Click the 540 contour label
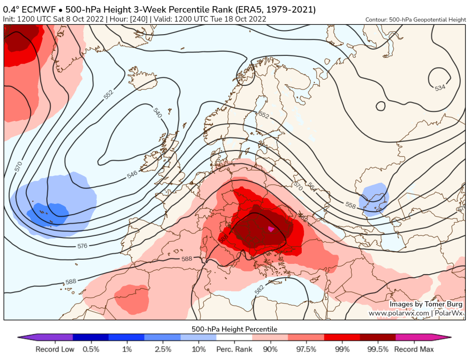coord(157,113)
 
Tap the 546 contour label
coord(132,175)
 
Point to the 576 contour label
coord(82,246)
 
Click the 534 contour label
coord(440,87)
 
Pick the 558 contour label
coord(350,205)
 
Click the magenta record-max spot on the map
coord(270,229)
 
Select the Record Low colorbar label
coord(54,349)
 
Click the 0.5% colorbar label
coord(91,349)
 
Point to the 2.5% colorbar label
coord(163,349)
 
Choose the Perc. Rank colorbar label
coord(234,349)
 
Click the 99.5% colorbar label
coord(378,349)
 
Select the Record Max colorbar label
coord(414,349)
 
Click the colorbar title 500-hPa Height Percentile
coord(234,329)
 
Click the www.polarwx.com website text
coord(399,313)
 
